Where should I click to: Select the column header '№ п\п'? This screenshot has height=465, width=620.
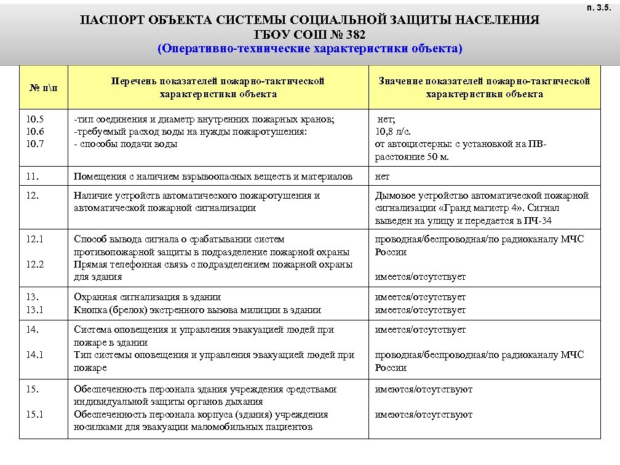[42, 87]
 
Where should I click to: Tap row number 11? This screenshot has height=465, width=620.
[31, 177]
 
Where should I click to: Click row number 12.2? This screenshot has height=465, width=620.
[34, 264]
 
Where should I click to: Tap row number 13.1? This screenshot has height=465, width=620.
[34, 310]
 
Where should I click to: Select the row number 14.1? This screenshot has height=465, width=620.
[34, 355]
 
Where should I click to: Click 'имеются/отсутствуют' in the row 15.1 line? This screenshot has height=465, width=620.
[424, 415]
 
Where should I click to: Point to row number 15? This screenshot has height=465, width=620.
[31, 389]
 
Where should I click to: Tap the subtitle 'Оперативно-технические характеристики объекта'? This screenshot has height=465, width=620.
[310, 48]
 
